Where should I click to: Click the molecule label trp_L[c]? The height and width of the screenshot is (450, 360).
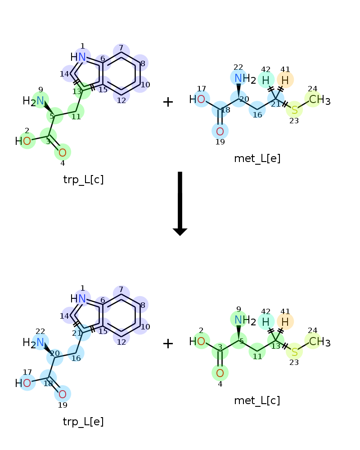[x=83, y=180]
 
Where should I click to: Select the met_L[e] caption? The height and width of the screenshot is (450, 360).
[x=257, y=158]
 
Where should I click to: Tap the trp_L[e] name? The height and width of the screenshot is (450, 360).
[x=83, y=422]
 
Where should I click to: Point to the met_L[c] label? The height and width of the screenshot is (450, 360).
[x=257, y=400]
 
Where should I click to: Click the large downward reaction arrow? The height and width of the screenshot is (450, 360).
[x=180, y=204]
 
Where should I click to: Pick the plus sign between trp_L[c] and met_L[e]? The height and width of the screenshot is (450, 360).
[x=168, y=102]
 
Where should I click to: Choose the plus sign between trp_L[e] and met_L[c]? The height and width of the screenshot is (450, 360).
[x=168, y=343]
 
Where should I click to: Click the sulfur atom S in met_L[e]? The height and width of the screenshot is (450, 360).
[x=295, y=110]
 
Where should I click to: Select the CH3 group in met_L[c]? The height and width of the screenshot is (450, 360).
[x=319, y=342]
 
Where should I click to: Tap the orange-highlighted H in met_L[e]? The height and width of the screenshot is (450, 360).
[x=285, y=80]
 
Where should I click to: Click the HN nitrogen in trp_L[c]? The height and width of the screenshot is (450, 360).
[x=78, y=57]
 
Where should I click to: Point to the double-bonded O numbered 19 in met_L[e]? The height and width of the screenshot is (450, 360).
[x=220, y=131]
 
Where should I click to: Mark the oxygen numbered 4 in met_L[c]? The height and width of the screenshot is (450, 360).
[x=220, y=373]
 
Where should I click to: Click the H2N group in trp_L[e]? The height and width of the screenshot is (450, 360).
[x=33, y=342]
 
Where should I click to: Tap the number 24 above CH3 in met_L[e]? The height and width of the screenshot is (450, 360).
[x=312, y=89]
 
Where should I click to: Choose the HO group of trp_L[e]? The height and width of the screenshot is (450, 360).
[x=23, y=383]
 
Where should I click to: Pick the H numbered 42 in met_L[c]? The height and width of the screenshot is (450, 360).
[x=266, y=322]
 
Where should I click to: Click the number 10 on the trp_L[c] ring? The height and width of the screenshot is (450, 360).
[x=145, y=85]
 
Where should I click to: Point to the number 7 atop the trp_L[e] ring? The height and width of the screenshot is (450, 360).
[x=121, y=289]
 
